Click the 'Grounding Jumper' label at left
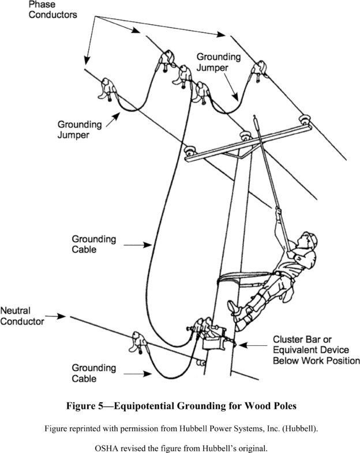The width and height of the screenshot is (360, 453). (x=79, y=130)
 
